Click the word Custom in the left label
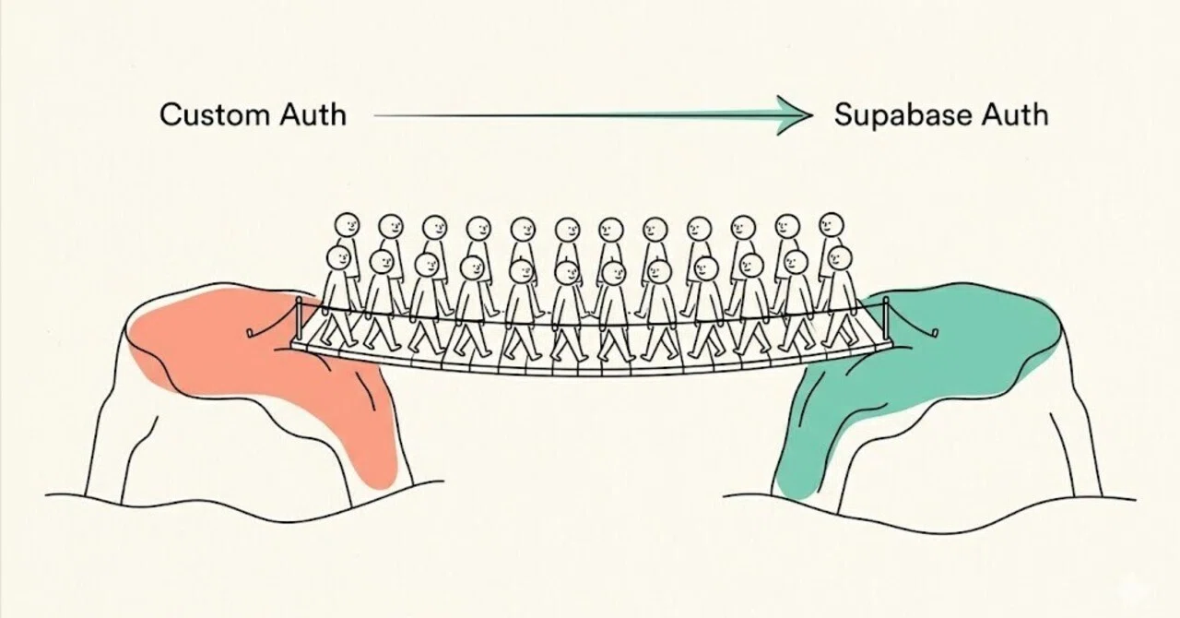(215, 114)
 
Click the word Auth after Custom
(313, 113)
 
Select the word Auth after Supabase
(1015, 114)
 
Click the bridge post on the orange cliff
(299, 318)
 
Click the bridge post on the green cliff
(886, 318)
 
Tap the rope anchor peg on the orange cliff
(251, 333)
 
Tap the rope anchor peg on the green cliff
(935, 333)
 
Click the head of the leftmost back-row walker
(348, 226)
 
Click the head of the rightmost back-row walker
(832, 226)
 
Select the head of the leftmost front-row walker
(338, 259)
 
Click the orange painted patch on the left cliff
(248, 359)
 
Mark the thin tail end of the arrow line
(374, 115)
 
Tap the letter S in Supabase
(844, 115)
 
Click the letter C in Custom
(171, 115)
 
